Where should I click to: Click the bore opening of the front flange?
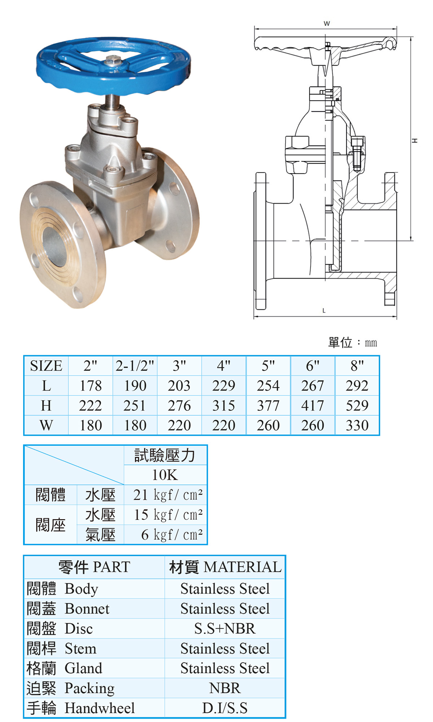pyautogui.click(x=54, y=245)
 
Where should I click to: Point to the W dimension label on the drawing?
pyautogui.click(x=327, y=23)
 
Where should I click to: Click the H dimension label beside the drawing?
pyautogui.click(x=416, y=140)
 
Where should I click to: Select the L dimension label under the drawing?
pyautogui.click(x=324, y=310)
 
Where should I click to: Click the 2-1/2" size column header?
pyautogui.click(x=135, y=366)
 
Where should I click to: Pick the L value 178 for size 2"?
pyautogui.click(x=91, y=386)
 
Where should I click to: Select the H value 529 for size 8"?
pyautogui.click(x=357, y=405)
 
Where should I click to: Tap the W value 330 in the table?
pyautogui.click(x=357, y=425)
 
